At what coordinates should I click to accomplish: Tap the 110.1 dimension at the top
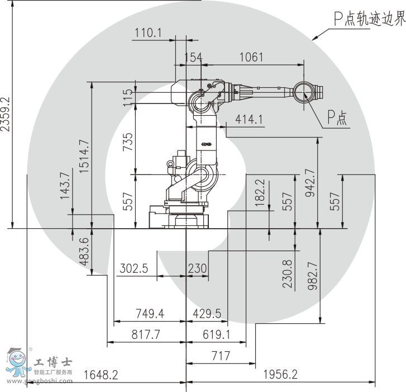tap(147, 33)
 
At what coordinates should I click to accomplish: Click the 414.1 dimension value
tap(249, 119)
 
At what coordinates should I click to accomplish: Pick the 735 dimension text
tap(128, 143)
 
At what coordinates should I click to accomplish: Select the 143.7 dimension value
tap(65, 186)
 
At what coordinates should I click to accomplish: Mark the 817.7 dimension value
tap(146, 334)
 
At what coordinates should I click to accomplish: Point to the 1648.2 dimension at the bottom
tap(101, 375)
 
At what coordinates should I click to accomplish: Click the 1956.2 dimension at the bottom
tap(280, 375)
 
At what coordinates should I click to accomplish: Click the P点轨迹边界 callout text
tap(369, 20)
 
